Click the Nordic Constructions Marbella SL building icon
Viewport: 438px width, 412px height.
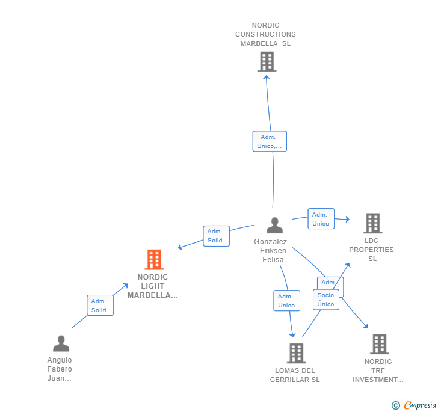tap(267, 61)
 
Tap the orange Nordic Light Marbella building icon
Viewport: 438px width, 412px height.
tap(154, 260)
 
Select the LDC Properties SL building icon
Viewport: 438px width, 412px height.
tap(372, 223)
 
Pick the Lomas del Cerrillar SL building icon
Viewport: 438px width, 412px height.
tap(296, 353)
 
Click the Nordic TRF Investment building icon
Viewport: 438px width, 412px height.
tap(379, 344)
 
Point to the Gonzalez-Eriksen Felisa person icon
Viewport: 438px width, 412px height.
tap(274, 226)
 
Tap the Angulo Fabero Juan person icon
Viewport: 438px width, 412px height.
tap(61, 343)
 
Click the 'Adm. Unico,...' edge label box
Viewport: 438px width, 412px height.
tap(270, 141)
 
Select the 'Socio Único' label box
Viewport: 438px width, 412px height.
tap(325, 300)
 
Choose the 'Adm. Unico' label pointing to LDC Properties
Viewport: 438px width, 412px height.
tap(321, 219)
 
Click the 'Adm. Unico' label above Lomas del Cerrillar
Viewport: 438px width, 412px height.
tap(286, 301)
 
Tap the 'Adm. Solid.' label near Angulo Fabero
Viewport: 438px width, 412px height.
tap(100, 306)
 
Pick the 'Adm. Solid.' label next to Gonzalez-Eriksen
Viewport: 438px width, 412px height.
tap(215, 236)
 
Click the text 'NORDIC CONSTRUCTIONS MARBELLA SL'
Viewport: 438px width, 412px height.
tap(265, 34)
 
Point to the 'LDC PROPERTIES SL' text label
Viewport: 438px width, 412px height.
tap(372, 250)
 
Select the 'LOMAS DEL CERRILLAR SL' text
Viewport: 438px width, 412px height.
tap(295, 375)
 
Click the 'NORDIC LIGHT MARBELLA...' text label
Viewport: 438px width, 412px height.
tap(153, 286)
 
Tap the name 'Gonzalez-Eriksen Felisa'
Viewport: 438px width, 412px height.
tap(271, 251)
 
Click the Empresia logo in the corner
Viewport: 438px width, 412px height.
tap(415, 405)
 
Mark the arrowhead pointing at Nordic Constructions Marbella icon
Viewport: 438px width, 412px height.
tap(267, 76)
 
